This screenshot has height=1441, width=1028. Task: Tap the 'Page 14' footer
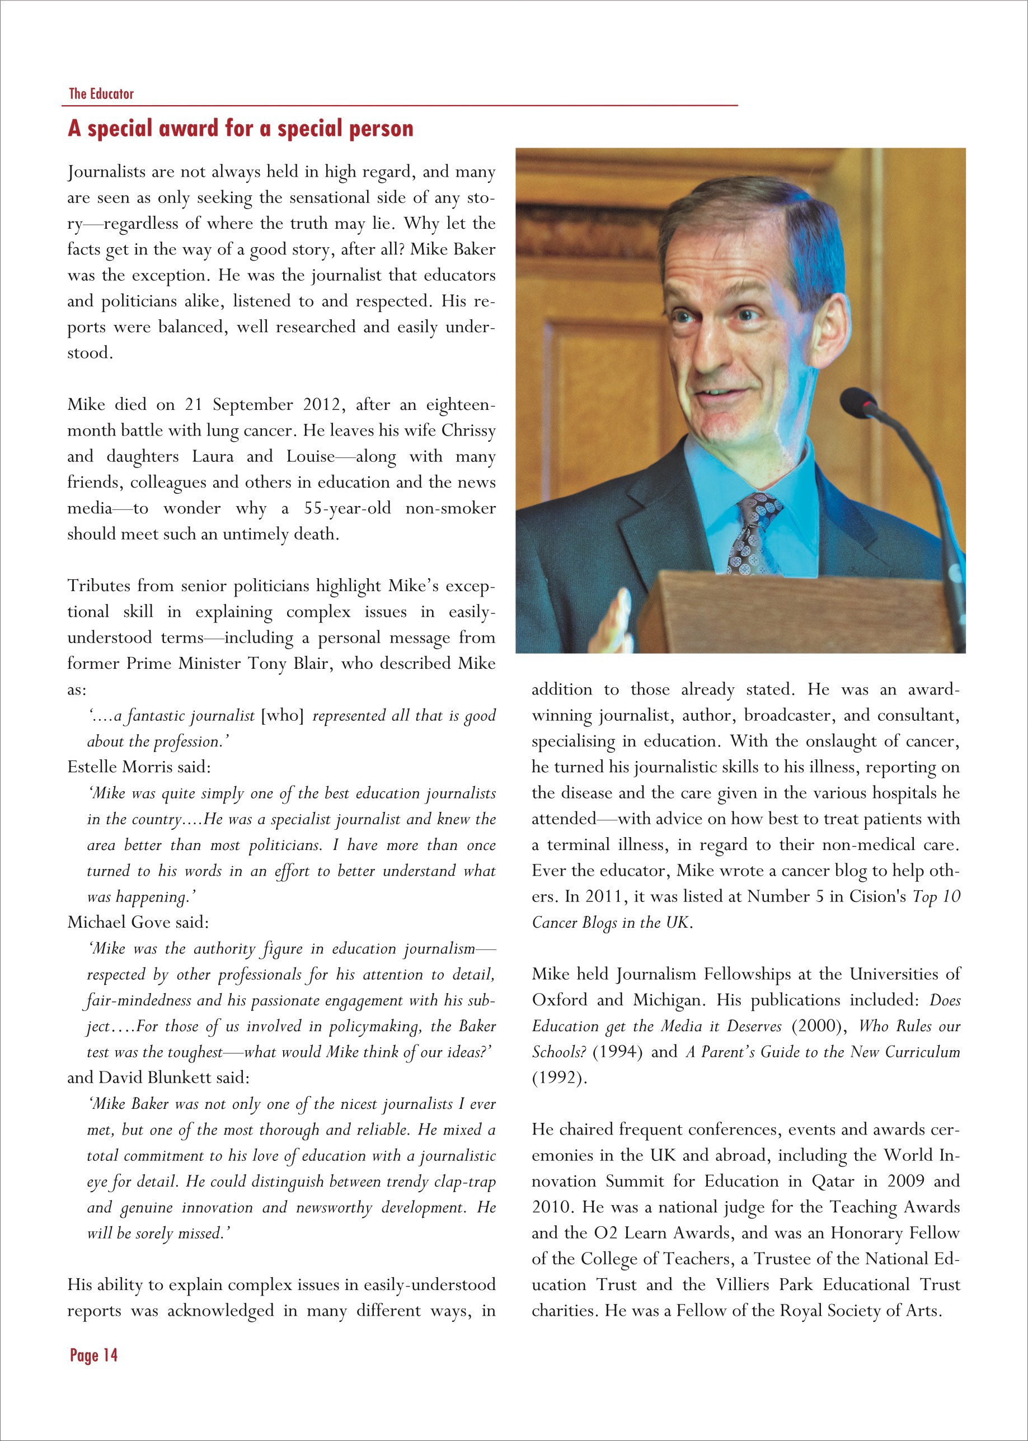[x=93, y=1355]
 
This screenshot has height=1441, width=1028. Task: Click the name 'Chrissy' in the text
[x=468, y=431]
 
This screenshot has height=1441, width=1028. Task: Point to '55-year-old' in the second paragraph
[x=347, y=508]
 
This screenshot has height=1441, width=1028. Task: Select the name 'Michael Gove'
[x=118, y=922]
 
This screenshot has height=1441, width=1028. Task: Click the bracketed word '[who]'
[x=282, y=715]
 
